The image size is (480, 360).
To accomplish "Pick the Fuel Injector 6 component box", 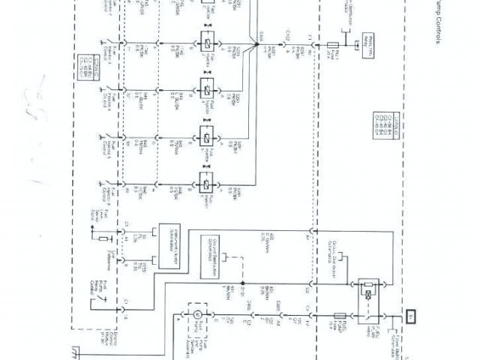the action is point(205,183).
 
